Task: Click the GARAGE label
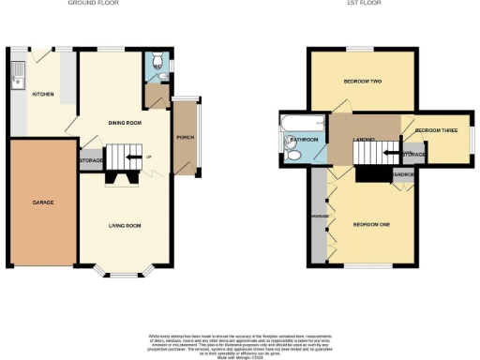[x=43, y=202]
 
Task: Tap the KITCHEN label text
[x=43, y=95]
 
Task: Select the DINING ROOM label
[x=125, y=123]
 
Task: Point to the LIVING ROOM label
[x=125, y=225]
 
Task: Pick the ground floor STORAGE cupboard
[x=91, y=160]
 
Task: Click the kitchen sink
[x=16, y=81]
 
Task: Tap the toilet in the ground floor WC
[x=157, y=67]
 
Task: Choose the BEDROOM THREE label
[x=435, y=129]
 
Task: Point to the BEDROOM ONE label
[x=371, y=224]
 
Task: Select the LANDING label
[x=364, y=141]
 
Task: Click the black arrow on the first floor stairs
[x=394, y=152]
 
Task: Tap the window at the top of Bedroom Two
[x=362, y=49]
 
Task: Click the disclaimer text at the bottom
[x=240, y=344]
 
